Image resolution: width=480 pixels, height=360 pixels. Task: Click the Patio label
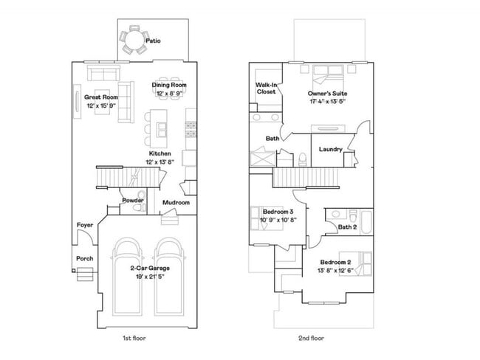coord(153,41)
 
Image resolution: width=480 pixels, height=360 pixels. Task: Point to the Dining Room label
coord(169,85)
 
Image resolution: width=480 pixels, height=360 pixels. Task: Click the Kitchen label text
coord(160,153)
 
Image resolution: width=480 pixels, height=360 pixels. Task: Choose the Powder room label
coord(132,200)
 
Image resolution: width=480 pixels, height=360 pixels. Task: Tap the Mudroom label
coord(176,203)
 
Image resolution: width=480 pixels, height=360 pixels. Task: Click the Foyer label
coord(85,226)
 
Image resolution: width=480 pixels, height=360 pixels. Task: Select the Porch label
coord(84,258)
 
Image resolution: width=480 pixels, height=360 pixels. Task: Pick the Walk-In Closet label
coord(267,89)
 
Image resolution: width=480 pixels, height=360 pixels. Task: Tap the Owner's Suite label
coord(327,94)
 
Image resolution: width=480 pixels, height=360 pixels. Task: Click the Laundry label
coord(330,150)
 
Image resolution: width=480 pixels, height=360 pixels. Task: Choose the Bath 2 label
coord(348,227)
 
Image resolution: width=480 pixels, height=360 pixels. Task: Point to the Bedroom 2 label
coord(337,263)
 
